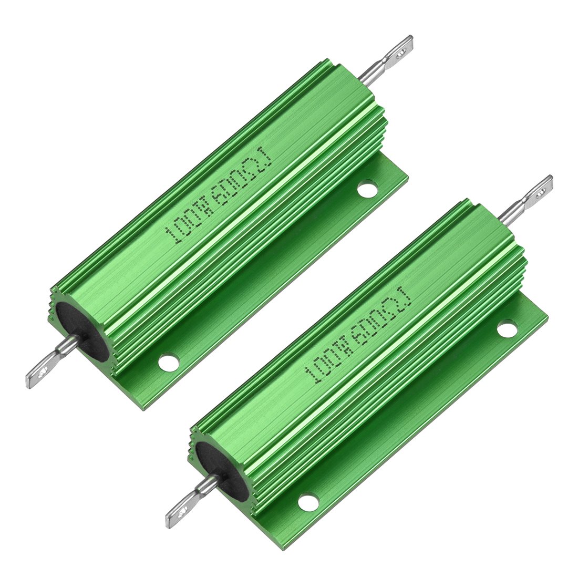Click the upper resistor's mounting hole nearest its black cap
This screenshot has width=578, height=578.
(168, 362)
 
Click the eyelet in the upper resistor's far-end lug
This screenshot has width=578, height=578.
(402, 51)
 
